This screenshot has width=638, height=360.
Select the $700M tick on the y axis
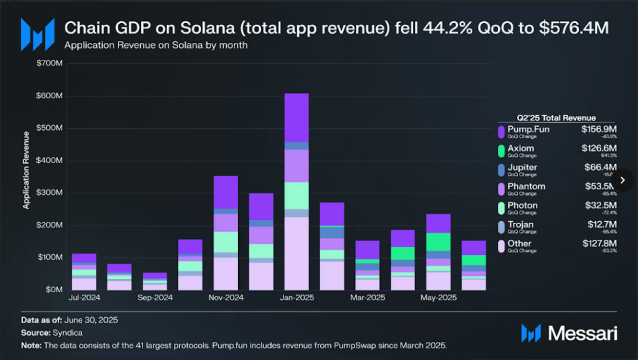(49, 64)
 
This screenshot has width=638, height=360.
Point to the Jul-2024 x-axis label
(83, 298)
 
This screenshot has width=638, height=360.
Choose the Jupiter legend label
(522, 168)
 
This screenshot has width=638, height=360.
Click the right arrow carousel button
(622, 180)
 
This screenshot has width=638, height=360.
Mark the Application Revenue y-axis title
(27, 169)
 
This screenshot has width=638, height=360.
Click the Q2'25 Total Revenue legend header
(556, 118)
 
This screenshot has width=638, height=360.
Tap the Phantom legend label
(526, 186)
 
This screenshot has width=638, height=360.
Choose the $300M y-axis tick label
(49, 192)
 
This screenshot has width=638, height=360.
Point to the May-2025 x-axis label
(439, 298)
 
